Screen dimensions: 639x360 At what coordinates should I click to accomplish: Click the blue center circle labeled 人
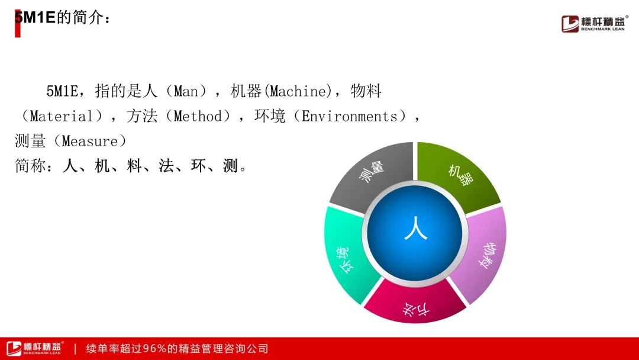[x=415, y=233]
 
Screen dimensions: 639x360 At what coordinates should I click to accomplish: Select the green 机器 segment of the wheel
[x=460, y=173]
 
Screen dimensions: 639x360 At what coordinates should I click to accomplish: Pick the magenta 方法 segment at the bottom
[x=415, y=304]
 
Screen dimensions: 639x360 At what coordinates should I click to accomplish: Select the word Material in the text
[x=62, y=117]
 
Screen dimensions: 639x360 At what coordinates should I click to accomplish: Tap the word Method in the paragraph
[x=198, y=117]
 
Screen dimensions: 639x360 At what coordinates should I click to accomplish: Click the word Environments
[x=349, y=117]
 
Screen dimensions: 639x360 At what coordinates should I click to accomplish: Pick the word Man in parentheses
[x=186, y=91]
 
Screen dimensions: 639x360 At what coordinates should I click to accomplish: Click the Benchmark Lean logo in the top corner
[x=595, y=23]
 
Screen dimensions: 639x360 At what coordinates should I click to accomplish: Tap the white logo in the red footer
[x=35, y=349]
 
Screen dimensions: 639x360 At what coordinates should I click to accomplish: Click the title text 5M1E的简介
[x=62, y=18]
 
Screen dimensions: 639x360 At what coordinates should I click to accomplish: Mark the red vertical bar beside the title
[x=18, y=24]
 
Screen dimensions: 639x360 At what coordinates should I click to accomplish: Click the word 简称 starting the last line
[x=31, y=166]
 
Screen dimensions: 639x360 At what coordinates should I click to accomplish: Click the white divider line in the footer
[x=75, y=349]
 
